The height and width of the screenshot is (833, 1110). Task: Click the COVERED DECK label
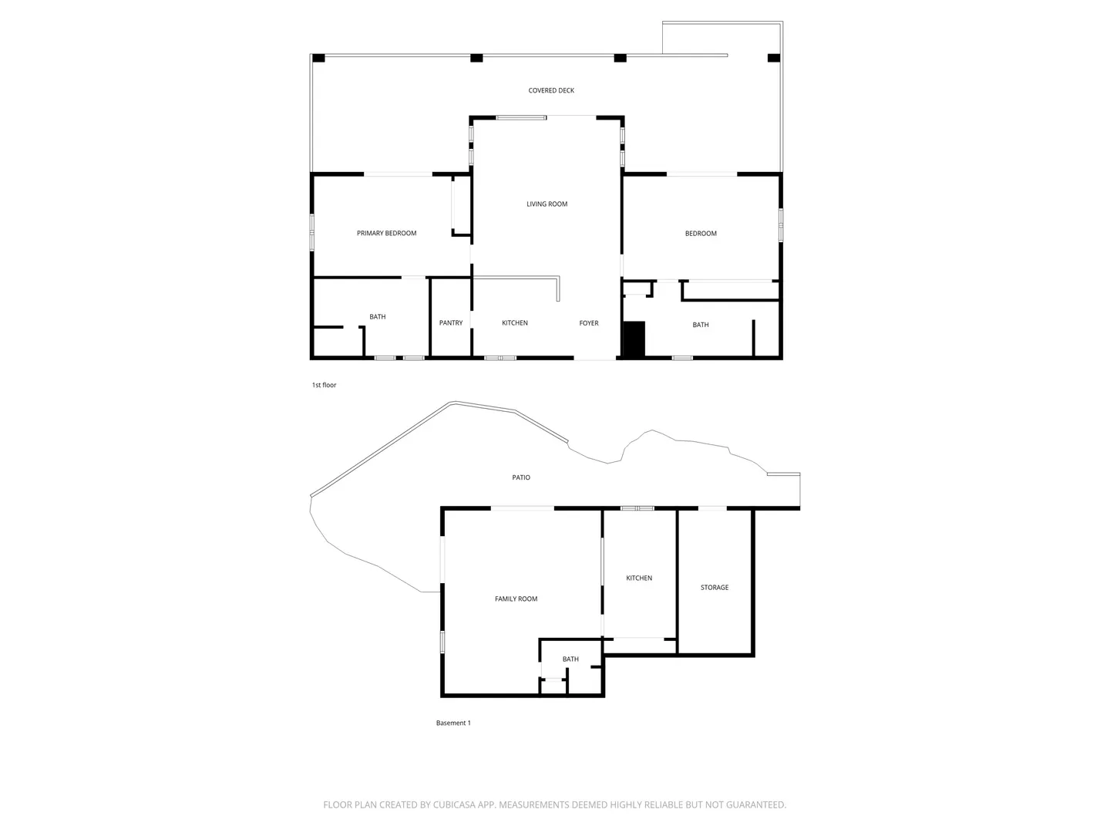point(550,90)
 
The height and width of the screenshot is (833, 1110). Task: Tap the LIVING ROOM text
point(547,204)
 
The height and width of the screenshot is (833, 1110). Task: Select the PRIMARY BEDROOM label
point(386,233)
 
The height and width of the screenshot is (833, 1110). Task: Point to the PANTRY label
point(451,322)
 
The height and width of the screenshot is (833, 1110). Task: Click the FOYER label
point(589,322)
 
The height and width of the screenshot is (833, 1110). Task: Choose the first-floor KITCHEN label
point(515,322)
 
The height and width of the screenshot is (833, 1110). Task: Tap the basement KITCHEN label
point(639,578)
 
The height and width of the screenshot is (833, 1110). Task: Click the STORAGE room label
point(714,587)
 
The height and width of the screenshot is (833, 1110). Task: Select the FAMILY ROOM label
point(516,599)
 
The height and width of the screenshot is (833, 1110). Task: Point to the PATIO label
point(521,477)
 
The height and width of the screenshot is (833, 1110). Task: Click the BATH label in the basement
point(570,659)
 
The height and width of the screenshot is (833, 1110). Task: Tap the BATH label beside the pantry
point(377,316)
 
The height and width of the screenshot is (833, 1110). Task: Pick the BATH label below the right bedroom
point(701,325)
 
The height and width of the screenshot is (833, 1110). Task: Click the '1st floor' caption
point(324,385)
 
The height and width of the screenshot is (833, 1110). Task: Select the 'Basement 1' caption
point(453,723)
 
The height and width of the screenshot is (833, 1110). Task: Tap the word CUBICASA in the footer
point(454,804)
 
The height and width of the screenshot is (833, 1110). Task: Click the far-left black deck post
point(318,58)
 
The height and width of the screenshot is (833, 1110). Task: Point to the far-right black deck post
point(774,58)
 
